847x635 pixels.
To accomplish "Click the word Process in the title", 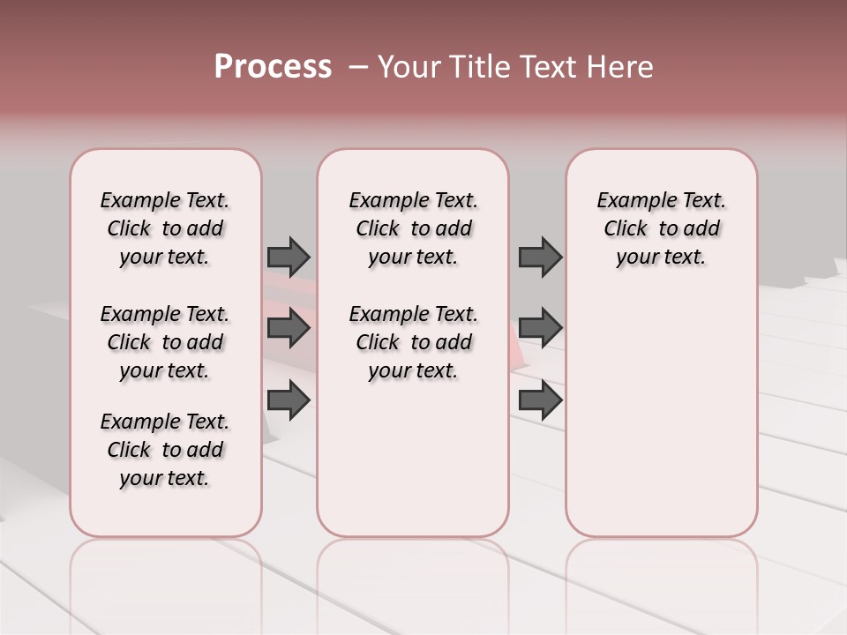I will coord(273,67).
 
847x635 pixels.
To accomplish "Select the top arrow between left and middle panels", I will coord(289,257).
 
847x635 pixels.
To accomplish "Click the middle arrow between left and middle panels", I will coord(289,328).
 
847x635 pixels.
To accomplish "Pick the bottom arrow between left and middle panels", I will coord(289,400).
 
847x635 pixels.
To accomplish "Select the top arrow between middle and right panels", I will coord(540,257).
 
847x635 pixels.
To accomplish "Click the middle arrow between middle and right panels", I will coord(540,328).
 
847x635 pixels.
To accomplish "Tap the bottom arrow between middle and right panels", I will coord(540,400).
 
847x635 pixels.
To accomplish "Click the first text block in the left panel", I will coord(165,228).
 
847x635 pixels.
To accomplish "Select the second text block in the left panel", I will coord(165,342).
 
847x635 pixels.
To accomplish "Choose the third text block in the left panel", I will coord(165,450).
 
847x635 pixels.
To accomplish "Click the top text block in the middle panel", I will coord(413,228).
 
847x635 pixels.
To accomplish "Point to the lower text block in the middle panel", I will coord(413,342).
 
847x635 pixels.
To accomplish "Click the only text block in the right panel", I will coord(661,228).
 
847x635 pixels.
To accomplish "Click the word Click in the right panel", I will coord(626,228).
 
